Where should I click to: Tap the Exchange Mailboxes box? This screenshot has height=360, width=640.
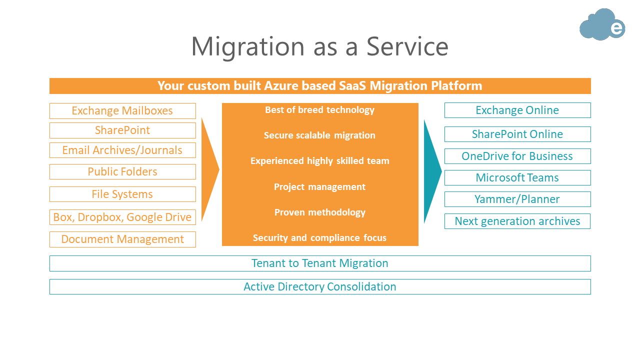tap(122, 111)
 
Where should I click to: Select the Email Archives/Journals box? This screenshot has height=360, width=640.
tap(122, 150)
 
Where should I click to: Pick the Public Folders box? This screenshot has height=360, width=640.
tap(122, 171)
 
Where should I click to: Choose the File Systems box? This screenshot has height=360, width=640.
tap(122, 194)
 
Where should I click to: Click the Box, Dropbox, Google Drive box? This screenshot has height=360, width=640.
tap(122, 217)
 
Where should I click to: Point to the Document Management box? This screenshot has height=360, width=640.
tap(122, 239)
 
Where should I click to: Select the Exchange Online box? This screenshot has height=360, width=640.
tap(517, 110)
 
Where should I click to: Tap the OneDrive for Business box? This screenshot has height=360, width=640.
tap(517, 156)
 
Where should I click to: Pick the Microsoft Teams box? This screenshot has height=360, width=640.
tap(517, 177)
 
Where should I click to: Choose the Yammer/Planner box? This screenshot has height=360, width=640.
tap(517, 199)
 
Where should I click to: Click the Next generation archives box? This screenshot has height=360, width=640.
tap(517, 221)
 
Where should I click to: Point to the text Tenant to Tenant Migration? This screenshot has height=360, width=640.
tap(320, 263)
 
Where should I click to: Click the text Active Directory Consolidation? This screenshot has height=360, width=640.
tap(320, 287)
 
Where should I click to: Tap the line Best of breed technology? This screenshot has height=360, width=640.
tap(319, 110)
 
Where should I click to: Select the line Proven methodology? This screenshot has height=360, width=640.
tap(320, 212)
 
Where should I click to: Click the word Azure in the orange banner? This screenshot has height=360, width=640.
tap(281, 85)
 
